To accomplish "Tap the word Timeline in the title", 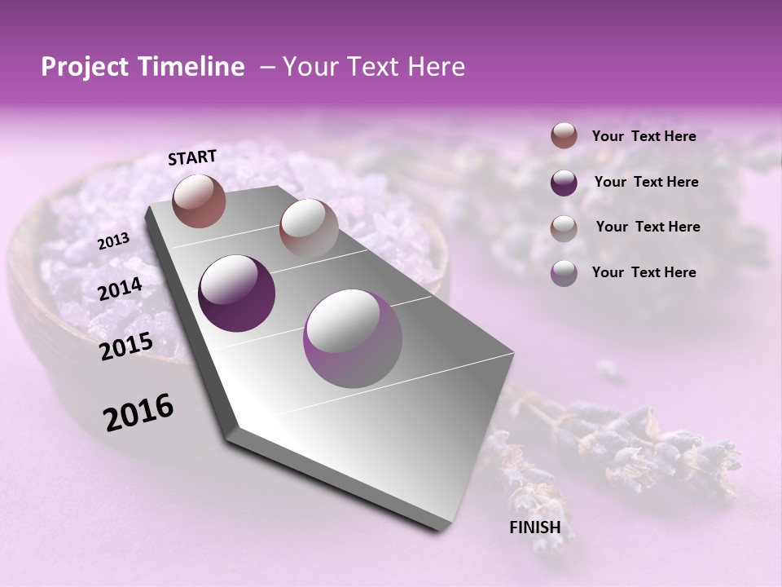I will pyautogui.click(x=189, y=68).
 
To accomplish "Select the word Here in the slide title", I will pyautogui.click(x=436, y=68).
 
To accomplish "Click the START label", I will pyautogui.click(x=192, y=157).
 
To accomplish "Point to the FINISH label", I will pyautogui.click(x=535, y=527).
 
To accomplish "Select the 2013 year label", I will pyautogui.click(x=113, y=241).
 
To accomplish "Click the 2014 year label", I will pyautogui.click(x=120, y=289).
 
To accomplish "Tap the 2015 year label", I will pyautogui.click(x=125, y=346).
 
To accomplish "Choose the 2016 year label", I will pyautogui.click(x=138, y=413).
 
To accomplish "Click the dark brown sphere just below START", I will pyautogui.click(x=199, y=201).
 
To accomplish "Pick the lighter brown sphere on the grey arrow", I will pyautogui.click(x=308, y=228).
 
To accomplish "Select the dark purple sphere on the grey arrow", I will pyautogui.click(x=237, y=293).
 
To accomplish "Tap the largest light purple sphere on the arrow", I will pyautogui.click(x=352, y=339).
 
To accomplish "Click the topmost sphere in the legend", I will pyautogui.click(x=564, y=135).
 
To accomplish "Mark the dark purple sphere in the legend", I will pyautogui.click(x=564, y=183).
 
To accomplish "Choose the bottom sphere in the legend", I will pyautogui.click(x=564, y=273).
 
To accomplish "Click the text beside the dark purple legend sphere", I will pyautogui.click(x=647, y=182).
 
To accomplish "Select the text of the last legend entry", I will pyautogui.click(x=644, y=272).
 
